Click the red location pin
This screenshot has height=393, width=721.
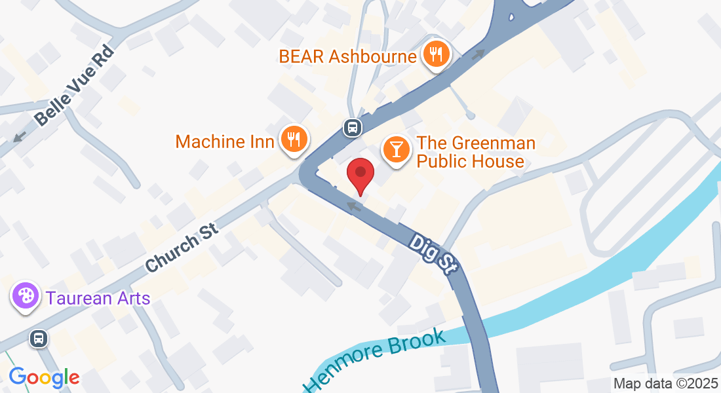click(360, 174)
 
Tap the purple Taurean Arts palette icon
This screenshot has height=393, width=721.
click(26, 297)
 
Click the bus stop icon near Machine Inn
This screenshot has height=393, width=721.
click(353, 126)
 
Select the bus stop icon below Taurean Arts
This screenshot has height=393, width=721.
click(39, 339)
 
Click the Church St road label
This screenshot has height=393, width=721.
click(182, 244)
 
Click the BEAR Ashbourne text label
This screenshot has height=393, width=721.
click(347, 56)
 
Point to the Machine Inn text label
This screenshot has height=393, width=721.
click(225, 141)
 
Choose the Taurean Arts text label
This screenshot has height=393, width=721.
click(98, 299)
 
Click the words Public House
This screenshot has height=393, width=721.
click(471, 161)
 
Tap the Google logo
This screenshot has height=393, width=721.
click(45, 377)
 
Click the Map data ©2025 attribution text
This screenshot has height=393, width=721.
click(665, 384)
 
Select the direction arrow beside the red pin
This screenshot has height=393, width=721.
click(354, 207)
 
